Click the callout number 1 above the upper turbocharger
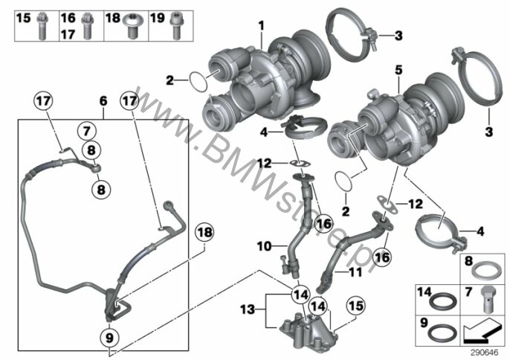tap(261, 26)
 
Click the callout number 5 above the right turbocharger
tap(398, 70)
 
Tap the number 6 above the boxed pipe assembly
tap(103, 101)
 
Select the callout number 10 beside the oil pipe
tap(264, 246)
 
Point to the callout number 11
tap(355, 271)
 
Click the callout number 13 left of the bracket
tap(248, 309)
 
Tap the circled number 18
tap(204, 233)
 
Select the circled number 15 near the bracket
tap(356, 306)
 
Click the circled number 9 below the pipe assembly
tap(109, 338)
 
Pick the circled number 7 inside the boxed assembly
tap(86, 132)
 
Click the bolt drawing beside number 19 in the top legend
tap(176, 25)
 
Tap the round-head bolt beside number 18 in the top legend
tap(132, 25)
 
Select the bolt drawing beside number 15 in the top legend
tap(42, 25)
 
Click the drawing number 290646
tap(485, 353)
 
